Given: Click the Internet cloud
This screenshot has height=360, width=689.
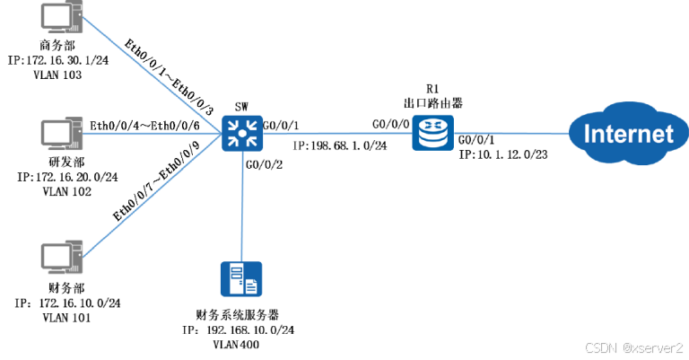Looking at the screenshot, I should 628,135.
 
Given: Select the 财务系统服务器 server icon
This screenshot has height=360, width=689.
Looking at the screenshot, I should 240,280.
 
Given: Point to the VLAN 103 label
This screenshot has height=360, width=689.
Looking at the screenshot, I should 58,75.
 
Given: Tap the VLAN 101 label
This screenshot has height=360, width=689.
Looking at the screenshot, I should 58,318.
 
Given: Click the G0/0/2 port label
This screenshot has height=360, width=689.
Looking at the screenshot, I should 263,164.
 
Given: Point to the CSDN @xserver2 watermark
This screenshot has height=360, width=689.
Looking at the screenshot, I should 633,347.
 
